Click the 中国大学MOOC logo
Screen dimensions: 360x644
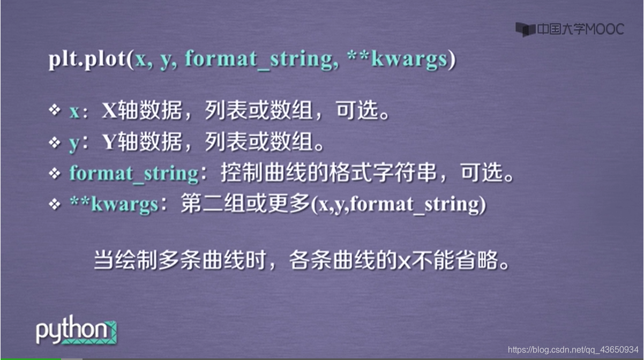tap(570, 29)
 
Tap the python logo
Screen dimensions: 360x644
tap(76, 332)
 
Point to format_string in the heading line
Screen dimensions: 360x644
tap(261, 59)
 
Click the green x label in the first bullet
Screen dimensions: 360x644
tap(74, 112)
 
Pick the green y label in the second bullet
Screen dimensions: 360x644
tap(74, 143)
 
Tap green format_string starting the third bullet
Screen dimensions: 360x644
tap(134, 174)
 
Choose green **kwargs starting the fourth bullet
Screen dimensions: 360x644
tap(114, 205)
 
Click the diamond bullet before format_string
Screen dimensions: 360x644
tap(55, 173)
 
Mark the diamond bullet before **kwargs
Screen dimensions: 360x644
tap(55, 204)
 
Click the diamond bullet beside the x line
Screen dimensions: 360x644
tap(55, 111)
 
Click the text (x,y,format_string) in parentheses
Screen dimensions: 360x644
tap(397, 205)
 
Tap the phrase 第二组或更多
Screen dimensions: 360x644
tap(244, 205)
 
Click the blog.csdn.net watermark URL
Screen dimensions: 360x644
tap(573, 349)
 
